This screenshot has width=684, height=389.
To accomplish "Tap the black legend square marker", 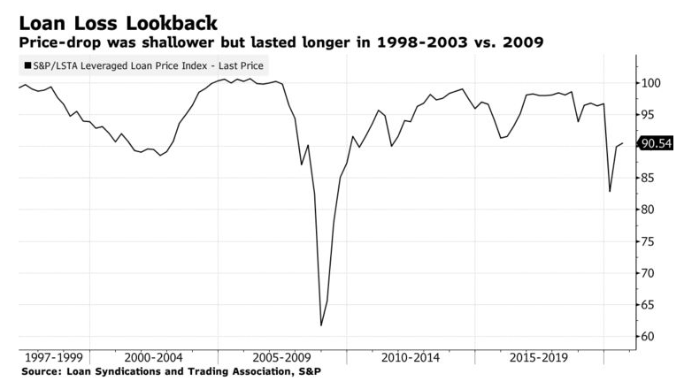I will click(x=27, y=65).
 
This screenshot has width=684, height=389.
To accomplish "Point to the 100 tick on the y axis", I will click(x=652, y=83).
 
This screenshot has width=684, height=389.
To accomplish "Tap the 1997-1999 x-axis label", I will click(x=55, y=358).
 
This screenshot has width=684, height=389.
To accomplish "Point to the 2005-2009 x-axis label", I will click(x=281, y=358).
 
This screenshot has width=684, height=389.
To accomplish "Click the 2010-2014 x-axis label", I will click(x=410, y=358).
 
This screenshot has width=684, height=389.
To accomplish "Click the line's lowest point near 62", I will click(x=320, y=325).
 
